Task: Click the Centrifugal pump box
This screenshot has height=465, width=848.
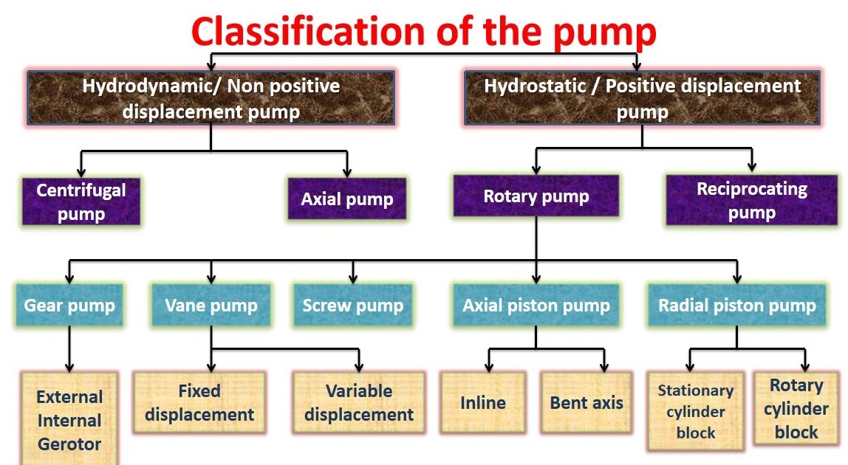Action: tap(81, 201)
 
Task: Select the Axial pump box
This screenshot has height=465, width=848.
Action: tap(346, 199)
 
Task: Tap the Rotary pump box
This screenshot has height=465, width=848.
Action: tap(536, 196)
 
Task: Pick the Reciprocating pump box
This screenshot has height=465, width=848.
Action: tap(751, 200)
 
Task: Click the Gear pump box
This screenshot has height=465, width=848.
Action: tap(69, 305)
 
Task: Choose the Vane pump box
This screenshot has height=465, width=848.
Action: tap(211, 305)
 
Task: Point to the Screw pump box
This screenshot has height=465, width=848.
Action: tap(353, 305)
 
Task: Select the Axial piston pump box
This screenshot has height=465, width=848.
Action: tap(536, 305)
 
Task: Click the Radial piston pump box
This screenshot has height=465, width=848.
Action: tap(736, 305)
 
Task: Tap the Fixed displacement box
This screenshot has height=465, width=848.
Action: tap(199, 402)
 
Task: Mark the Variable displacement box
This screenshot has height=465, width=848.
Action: tap(359, 402)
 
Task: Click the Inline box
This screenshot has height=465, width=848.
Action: tap(483, 402)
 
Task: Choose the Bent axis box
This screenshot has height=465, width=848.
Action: tap(587, 402)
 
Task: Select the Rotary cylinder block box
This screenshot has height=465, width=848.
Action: tap(796, 408)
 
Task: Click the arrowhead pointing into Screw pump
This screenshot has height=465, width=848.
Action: tap(353, 278)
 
